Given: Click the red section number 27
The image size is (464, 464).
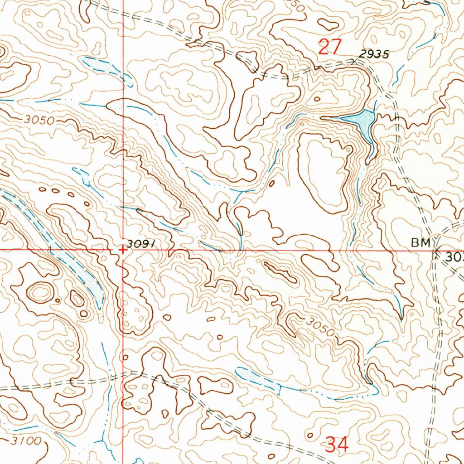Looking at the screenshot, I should (329, 47).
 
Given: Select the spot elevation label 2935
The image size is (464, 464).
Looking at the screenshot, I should (374, 54).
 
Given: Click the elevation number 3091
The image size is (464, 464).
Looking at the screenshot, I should (141, 244).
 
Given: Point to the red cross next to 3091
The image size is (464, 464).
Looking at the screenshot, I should (122, 249).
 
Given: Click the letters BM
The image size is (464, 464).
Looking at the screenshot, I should (420, 243).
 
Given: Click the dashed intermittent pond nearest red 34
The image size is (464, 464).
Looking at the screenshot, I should (256, 379).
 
